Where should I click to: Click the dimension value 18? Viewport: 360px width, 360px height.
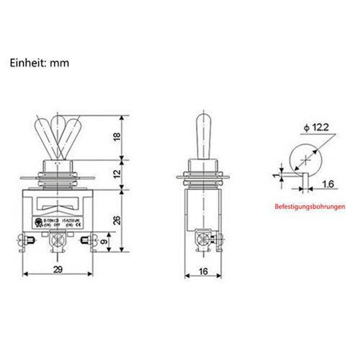coord(117,136)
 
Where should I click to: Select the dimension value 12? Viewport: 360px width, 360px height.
coord(117,173)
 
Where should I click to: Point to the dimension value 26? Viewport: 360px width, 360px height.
coord(117,220)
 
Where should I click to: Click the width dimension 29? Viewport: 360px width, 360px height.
coord(58,270)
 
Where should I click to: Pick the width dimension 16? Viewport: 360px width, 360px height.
coord(203,271)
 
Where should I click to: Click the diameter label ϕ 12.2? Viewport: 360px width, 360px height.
coord(316,128)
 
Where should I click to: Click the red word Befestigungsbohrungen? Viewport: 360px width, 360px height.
coord(310,207)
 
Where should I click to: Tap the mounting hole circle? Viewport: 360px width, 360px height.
coord(306,160)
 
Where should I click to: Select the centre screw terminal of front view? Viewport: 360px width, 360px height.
coord(57,240)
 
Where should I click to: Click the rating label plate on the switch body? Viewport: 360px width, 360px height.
coord(58,222)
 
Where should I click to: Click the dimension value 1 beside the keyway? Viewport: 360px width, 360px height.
coord(276,174)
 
